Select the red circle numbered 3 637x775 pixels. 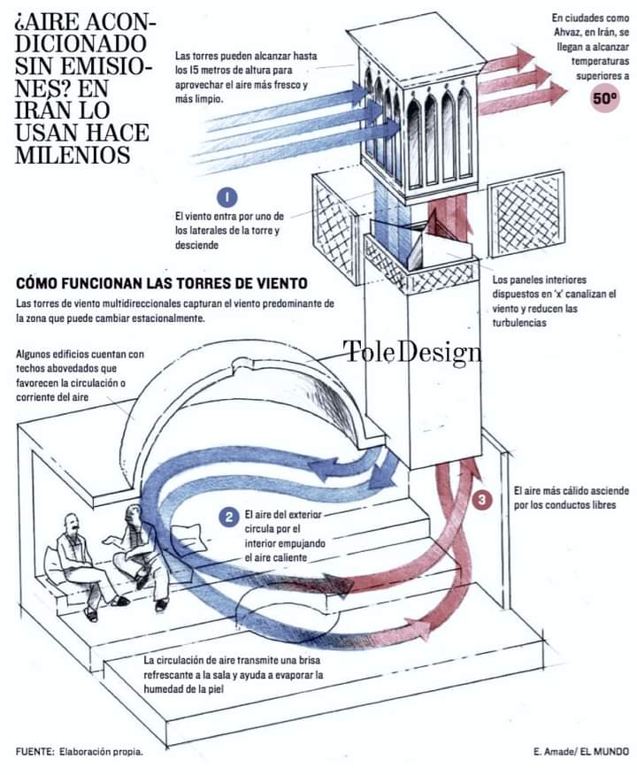click(482, 500)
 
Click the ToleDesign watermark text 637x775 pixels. click(412, 352)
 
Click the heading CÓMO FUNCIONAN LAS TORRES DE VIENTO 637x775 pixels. click(162, 284)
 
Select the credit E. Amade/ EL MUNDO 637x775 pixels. click(580, 751)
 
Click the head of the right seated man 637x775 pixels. click(133, 513)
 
